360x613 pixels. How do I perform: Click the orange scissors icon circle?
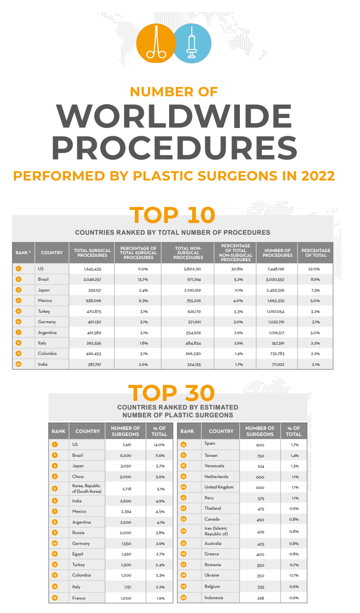tap(156, 43)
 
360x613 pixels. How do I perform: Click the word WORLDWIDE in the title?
tap(174, 116)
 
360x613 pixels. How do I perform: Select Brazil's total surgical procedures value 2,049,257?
tap(92, 280)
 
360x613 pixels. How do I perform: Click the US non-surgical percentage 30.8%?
tap(235, 269)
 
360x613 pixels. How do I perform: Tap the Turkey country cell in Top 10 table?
tap(44, 311)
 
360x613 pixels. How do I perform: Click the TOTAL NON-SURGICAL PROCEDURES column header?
tap(188, 253)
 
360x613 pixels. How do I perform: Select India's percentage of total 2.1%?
tap(316, 364)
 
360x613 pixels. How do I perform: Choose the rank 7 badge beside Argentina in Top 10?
tap(18, 333)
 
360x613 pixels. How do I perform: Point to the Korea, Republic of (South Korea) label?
tap(87, 488)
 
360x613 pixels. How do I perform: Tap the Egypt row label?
tap(78, 554)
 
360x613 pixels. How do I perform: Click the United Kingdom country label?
tap(219, 487)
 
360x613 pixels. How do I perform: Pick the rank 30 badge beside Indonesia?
tap(183, 598)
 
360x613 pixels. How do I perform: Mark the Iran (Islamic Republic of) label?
tap(216, 531)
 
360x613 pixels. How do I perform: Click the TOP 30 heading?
tap(171, 393)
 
